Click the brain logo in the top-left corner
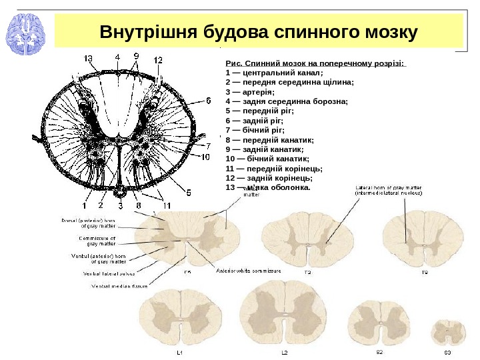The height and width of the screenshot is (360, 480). click(x=25, y=33)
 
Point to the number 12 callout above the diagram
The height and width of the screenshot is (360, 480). click(x=157, y=59)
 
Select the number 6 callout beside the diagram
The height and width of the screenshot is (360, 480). click(x=207, y=101)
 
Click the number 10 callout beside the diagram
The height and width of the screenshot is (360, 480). click(x=206, y=157)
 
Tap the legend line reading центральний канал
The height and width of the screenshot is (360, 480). click(x=274, y=73)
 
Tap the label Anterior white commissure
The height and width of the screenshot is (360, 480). click(x=249, y=271)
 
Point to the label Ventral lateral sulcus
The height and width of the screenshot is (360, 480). click(x=110, y=273)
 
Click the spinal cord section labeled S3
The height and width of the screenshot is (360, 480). click(x=449, y=332)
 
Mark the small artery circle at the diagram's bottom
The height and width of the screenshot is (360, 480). click(x=119, y=193)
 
